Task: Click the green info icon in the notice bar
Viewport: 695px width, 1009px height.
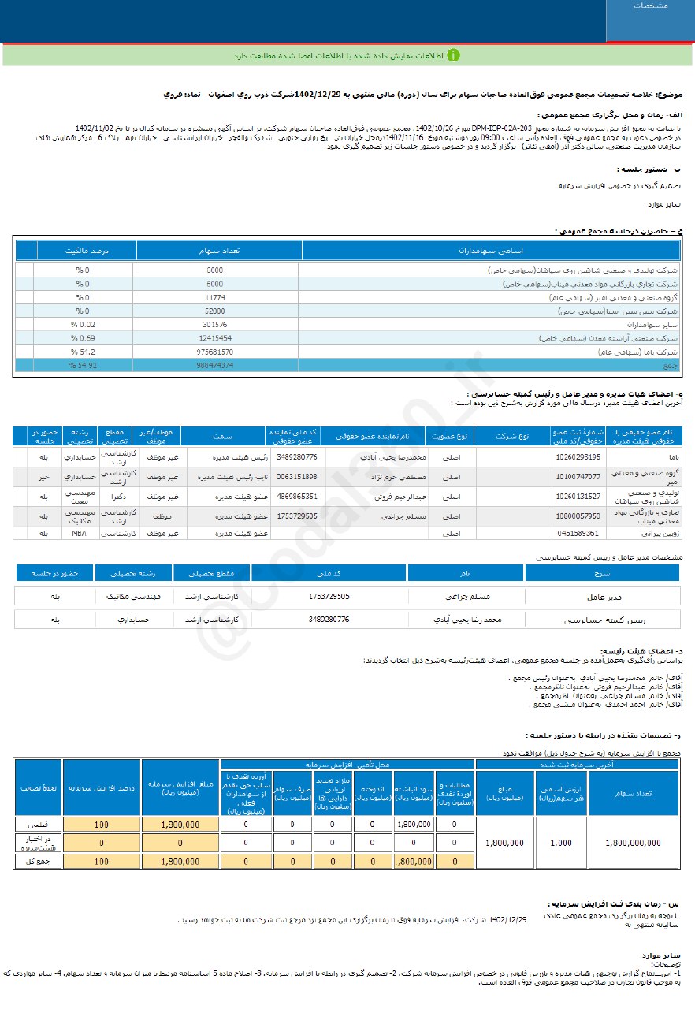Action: point(454,55)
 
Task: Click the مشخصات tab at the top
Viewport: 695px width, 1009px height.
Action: point(650,6)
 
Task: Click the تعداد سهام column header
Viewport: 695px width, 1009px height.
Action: point(218,251)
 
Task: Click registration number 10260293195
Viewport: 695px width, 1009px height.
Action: point(578,456)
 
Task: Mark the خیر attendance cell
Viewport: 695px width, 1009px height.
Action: point(44,476)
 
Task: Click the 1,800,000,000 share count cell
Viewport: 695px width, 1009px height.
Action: point(634,842)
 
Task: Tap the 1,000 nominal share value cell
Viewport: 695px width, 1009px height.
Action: point(561,842)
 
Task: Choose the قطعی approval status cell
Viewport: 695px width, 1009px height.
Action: point(38,824)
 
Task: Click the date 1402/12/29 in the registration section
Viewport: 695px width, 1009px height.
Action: point(507,919)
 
